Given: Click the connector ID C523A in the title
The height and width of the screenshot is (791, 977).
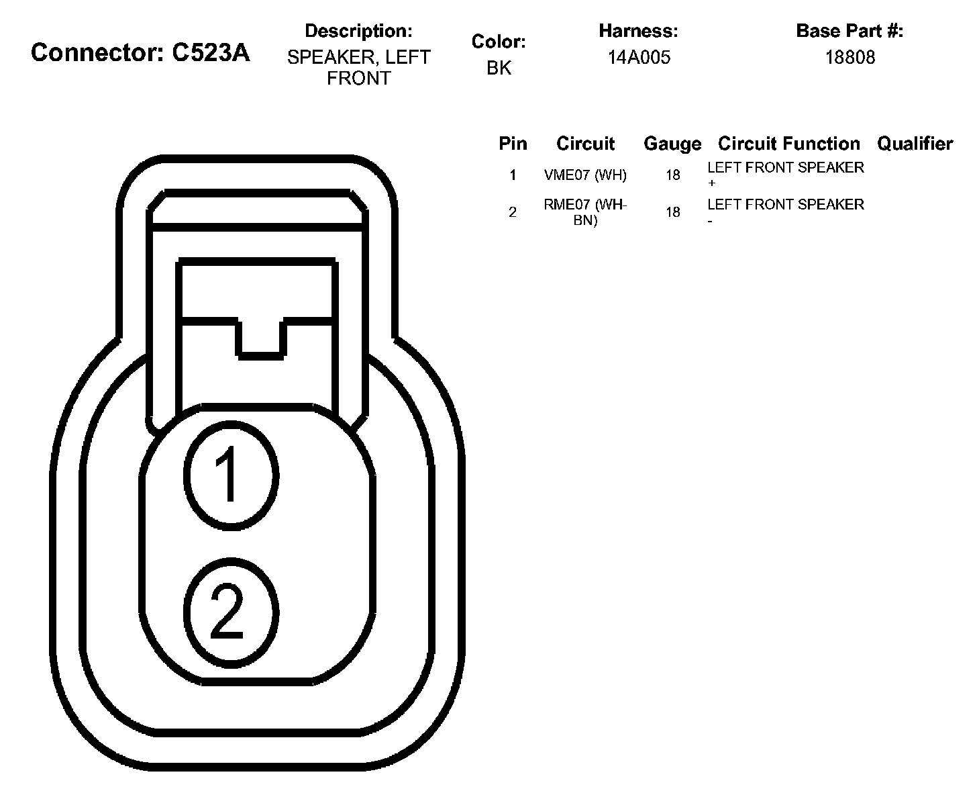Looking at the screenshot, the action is pyautogui.click(x=211, y=52).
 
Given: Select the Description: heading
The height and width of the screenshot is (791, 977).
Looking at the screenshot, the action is pyautogui.click(x=358, y=31).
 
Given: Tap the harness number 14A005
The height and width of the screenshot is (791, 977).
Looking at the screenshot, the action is pyautogui.click(x=639, y=58).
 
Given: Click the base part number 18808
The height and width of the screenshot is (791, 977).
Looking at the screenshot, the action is pyautogui.click(x=850, y=58).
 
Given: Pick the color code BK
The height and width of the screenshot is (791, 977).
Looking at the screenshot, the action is pyautogui.click(x=499, y=68).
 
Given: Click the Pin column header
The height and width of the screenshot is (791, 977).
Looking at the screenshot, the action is pyautogui.click(x=513, y=144).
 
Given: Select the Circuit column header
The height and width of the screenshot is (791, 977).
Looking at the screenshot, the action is pyautogui.click(x=585, y=144).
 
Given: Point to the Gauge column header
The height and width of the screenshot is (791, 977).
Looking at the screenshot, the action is pyautogui.click(x=672, y=144).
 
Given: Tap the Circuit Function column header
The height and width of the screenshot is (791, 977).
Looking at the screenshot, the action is pyautogui.click(x=788, y=144).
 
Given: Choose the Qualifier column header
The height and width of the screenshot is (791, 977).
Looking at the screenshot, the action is pyautogui.click(x=915, y=144).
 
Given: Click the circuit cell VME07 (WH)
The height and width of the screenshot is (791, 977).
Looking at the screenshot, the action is pyautogui.click(x=585, y=175).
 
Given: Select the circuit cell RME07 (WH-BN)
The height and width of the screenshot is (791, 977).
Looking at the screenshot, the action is pyautogui.click(x=585, y=212).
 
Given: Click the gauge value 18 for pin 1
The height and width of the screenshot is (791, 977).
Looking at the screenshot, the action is pyautogui.click(x=672, y=175).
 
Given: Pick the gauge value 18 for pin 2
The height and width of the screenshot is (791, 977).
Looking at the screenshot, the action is pyautogui.click(x=672, y=212).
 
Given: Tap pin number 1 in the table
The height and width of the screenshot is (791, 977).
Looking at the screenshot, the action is pyautogui.click(x=513, y=175).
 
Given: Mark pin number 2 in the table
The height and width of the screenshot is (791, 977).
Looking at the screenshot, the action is pyautogui.click(x=513, y=212).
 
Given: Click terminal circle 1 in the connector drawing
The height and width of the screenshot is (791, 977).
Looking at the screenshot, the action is pyautogui.click(x=230, y=475).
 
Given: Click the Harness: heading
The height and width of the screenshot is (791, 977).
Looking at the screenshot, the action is pyautogui.click(x=638, y=31).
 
